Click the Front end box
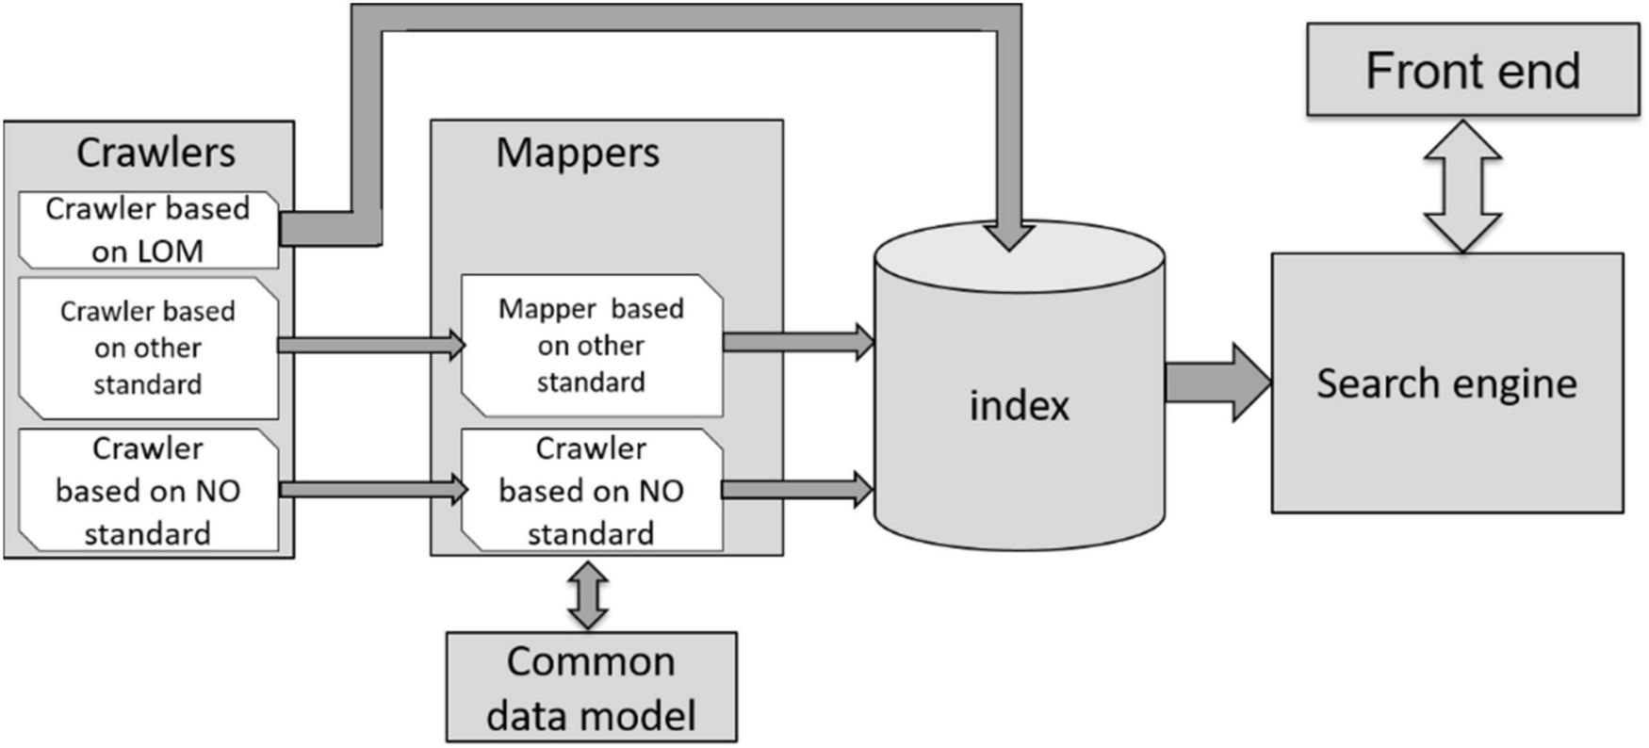tap(1472, 71)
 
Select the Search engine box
tap(1446, 383)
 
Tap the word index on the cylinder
tap(1020, 406)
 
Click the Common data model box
tap(591, 688)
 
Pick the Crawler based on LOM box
tap(148, 230)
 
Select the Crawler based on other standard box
tap(148, 348)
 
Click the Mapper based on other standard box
tap(591, 346)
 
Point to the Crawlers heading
tap(155, 153)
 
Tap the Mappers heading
tap(578, 153)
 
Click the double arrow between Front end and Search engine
tap(1461, 186)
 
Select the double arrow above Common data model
tap(589, 594)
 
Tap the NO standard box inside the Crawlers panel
tap(148, 491)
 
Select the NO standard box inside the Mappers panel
tap(591, 491)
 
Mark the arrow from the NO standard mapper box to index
tap(796, 489)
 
